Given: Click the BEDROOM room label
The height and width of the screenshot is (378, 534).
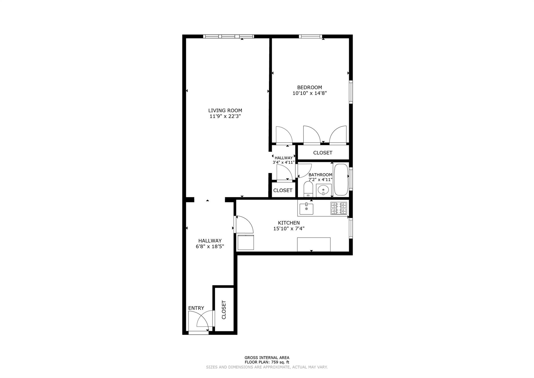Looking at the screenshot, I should pos(310,87).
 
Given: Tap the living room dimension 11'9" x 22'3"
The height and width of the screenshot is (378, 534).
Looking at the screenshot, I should pos(225,117).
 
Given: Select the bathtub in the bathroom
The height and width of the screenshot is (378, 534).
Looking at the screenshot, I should pos(341,179).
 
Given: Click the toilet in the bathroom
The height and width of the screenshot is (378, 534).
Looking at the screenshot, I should pos(308,189).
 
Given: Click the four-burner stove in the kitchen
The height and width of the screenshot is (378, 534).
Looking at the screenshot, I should pos(338,208).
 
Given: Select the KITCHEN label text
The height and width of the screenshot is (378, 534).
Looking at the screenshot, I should pos(289,223).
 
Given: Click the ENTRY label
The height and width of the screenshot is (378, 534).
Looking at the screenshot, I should pos(196,308).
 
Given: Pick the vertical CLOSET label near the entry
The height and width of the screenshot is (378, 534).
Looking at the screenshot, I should pos(224,310).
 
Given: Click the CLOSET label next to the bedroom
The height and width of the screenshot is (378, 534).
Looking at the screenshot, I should pos(323,153).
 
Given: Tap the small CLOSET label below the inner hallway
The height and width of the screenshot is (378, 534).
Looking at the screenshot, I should pos(283,190).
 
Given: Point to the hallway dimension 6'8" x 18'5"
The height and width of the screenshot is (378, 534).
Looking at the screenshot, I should pos(210,247).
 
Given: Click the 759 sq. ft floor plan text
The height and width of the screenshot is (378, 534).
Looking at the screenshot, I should pos(267,362).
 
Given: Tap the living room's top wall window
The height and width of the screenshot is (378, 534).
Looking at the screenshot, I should pos(228,36).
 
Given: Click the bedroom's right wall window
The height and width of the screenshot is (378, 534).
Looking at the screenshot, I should pos(351,92).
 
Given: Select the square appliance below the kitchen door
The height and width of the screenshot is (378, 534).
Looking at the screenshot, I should pos(246,242).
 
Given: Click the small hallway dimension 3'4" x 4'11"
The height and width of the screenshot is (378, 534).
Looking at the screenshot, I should pos(283,162).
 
